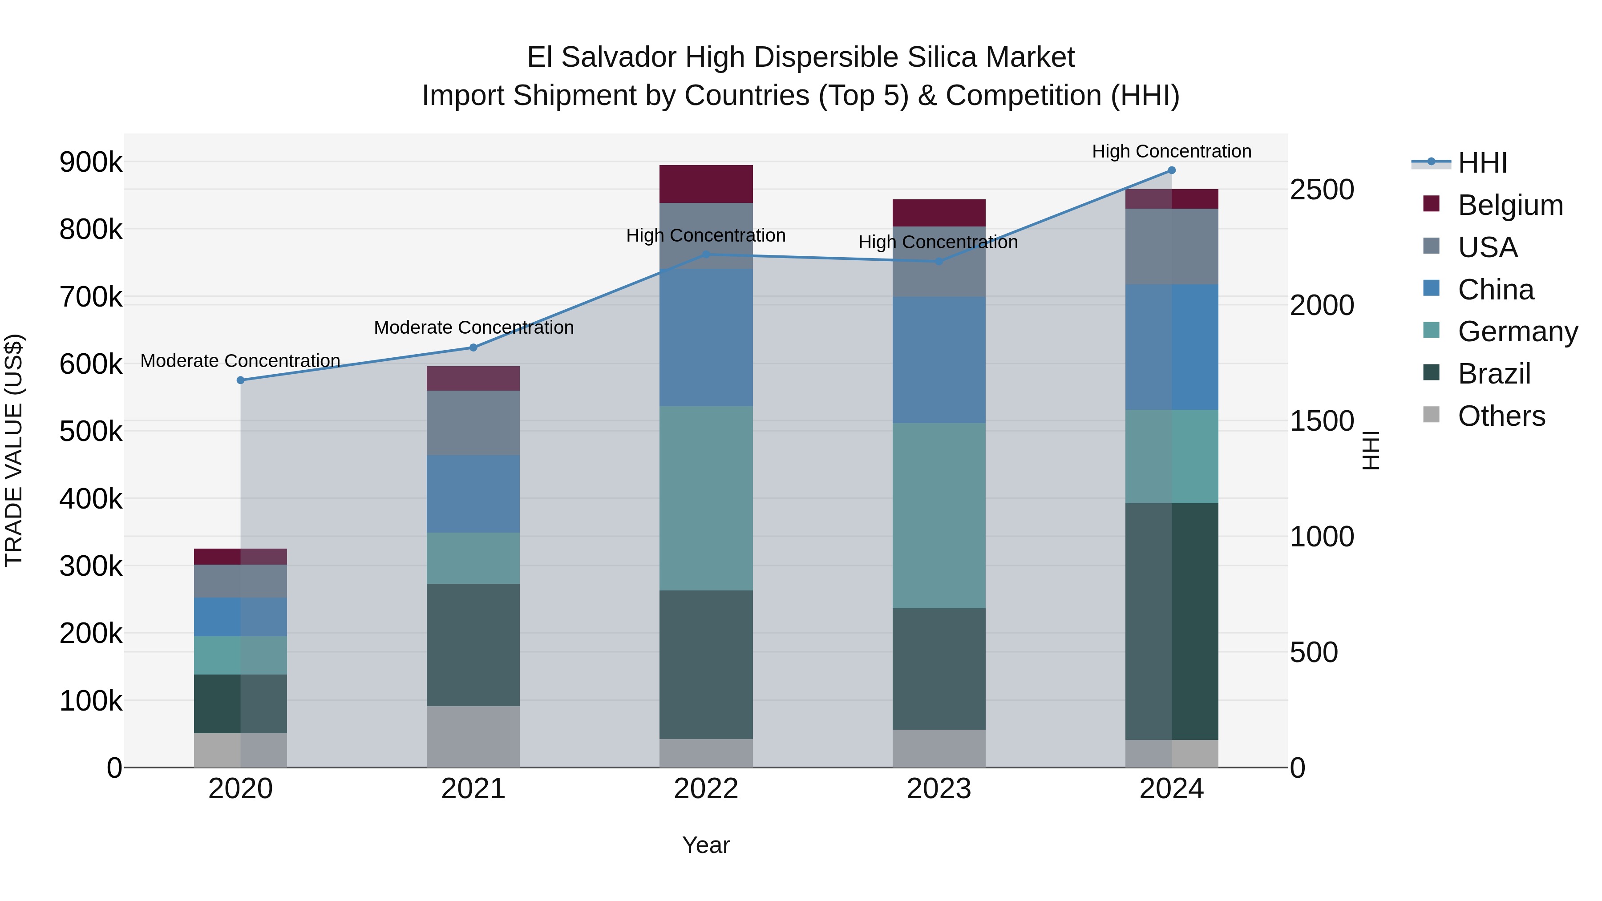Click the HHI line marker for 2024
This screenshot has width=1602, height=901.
[1171, 170]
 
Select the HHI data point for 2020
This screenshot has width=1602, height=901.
[241, 380]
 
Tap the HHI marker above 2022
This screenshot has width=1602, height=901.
[706, 255]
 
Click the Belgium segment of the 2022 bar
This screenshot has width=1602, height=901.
[706, 184]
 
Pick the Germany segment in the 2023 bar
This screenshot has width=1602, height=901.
[939, 516]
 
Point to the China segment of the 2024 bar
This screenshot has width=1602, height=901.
[1171, 347]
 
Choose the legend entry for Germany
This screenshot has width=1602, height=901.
[1517, 331]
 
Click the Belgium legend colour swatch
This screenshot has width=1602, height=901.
[1431, 204]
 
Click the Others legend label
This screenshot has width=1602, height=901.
[1501, 416]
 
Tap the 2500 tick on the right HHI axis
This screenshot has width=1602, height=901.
[1322, 190]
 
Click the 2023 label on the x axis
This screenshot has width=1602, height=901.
[939, 789]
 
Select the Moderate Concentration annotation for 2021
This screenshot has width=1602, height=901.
[473, 327]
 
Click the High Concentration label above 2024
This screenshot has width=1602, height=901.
[1171, 151]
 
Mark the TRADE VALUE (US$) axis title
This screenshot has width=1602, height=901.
[14, 450]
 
